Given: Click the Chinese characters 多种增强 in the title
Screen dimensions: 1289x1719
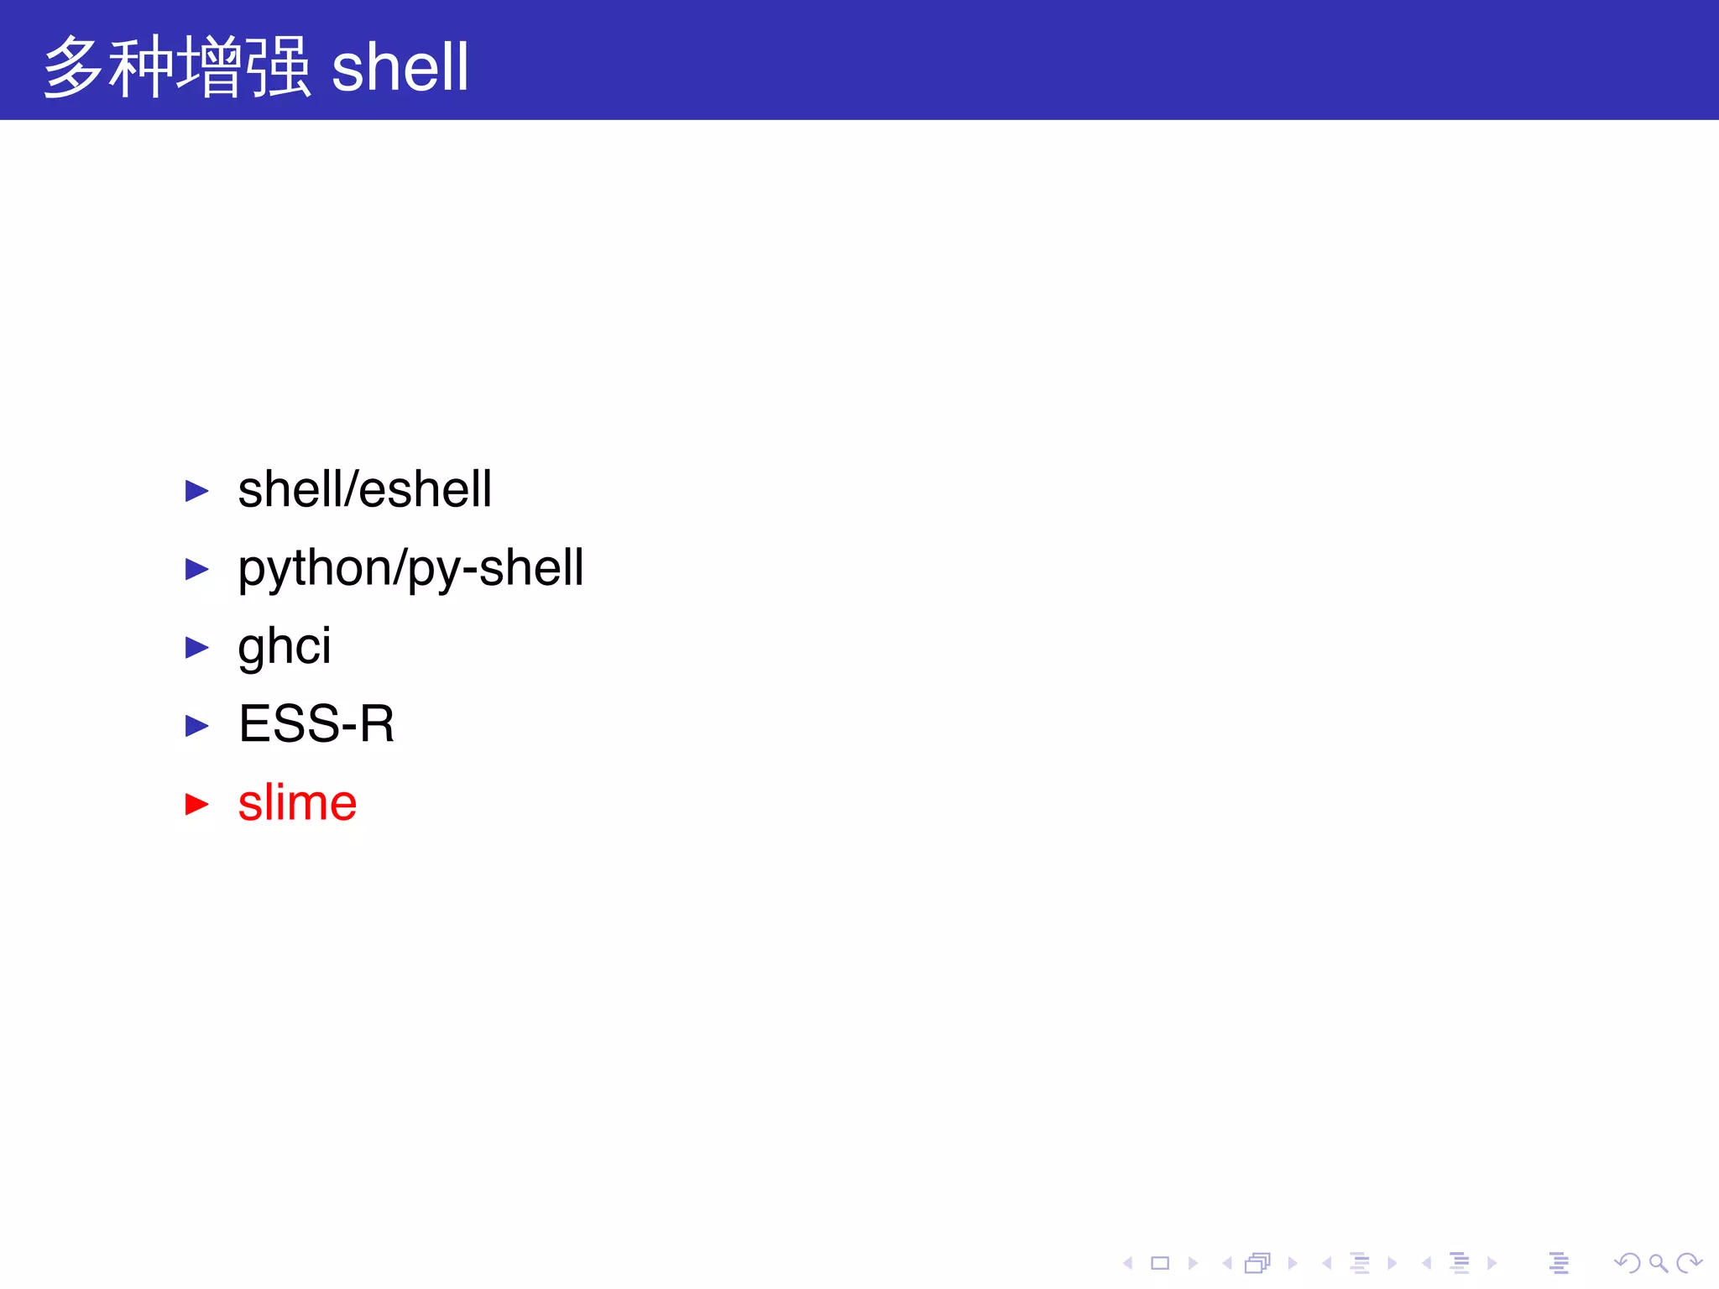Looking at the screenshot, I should [x=177, y=67].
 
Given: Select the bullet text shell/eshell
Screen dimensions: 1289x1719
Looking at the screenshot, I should [x=364, y=489].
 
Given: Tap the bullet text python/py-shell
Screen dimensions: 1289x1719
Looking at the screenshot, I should [x=410, y=568].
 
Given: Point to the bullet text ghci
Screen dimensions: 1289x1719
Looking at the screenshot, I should [x=284, y=646].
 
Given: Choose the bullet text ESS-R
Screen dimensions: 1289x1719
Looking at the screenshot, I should [x=316, y=724].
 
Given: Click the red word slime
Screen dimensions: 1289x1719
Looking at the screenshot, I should [x=297, y=803].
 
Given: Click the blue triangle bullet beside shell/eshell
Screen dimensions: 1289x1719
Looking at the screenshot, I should [x=196, y=491].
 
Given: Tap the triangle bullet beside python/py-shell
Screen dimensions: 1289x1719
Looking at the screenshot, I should [x=196, y=569].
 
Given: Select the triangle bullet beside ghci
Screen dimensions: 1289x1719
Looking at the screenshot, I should [x=196, y=647].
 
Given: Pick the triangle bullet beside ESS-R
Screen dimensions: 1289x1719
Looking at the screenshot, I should [x=196, y=726].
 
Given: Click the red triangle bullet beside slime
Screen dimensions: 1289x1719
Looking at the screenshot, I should [x=196, y=804].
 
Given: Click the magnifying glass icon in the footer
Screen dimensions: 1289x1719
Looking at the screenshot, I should [x=1658, y=1263].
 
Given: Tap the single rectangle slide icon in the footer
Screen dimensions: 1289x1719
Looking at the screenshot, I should [x=1160, y=1263].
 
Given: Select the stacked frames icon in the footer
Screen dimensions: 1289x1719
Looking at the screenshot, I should [x=1258, y=1263].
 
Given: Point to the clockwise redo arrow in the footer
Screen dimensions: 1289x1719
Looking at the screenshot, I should [x=1689, y=1263].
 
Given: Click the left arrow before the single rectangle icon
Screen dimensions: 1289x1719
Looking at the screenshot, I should [x=1128, y=1263].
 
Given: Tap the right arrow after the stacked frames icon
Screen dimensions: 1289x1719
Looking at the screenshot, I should [x=1293, y=1263].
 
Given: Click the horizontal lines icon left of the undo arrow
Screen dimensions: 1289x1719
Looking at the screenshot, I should [x=1559, y=1263].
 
